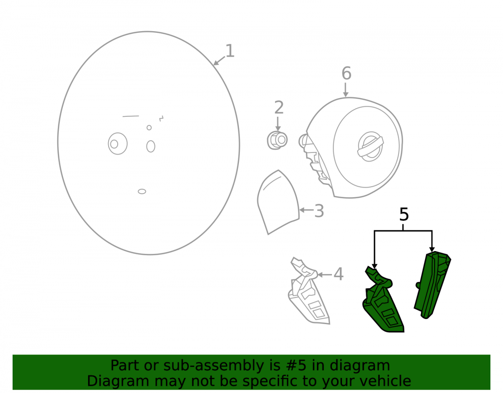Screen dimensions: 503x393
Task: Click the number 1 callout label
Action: tap(230, 51)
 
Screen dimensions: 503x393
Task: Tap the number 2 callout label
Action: tap(279, 108)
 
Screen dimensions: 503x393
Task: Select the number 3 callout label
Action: tap(319, 211)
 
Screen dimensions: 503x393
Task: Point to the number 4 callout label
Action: tap(339, 274)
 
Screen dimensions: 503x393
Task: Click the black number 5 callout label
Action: tap(404, 214)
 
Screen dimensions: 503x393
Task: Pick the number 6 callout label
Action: tap(347, 73)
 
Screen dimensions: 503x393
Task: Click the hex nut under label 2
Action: tap(277, 140)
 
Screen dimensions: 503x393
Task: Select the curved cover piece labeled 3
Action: tap(278, 202)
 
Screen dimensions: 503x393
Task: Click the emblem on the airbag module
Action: tap(370, 146)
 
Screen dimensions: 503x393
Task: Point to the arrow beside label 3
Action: tap(306, 210)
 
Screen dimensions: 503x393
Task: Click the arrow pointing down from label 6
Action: tap(346, 90)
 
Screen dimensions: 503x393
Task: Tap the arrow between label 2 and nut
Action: tap(278, 124)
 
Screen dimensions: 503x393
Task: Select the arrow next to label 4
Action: tap(324, 275)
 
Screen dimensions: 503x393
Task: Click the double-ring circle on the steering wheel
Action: tap(118, 144)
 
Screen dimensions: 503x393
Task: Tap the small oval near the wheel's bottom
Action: tap(142, 192)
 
